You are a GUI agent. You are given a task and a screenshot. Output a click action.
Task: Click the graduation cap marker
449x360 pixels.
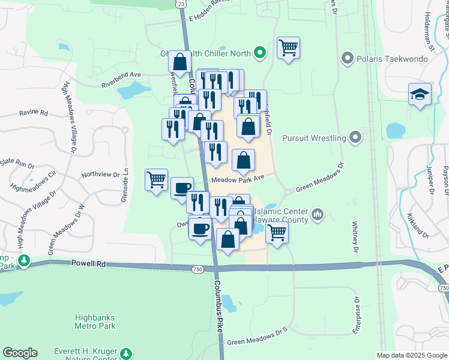pyautogui.click(x=420, y=95)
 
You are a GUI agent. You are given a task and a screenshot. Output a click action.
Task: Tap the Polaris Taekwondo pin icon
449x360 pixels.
pyautogui.click(x=346, y=59)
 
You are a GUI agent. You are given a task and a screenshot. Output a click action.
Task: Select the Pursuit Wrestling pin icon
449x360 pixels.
pyautogui.click(x=356, y=138)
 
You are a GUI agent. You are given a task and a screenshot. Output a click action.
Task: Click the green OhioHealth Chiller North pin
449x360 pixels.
pyautogui.click(x=259, y=53)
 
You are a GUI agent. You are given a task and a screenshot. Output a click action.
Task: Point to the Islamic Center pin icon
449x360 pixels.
pyautogui.click(x=318, y=213)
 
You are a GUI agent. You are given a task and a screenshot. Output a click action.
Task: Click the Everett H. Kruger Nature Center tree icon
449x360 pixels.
pyautogui.click(x=126, y=353)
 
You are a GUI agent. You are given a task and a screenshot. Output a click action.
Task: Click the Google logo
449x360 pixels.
pyautogui.click(x=20, y=353)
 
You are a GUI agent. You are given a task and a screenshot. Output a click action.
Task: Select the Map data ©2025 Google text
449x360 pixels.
pyautogui.click(x=412, y=355)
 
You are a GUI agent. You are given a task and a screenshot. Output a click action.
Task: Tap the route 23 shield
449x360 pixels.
pyautogui.click(x=182, y=4)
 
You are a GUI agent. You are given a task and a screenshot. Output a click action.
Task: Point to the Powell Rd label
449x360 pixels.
pyautogui.click(x=88, y=263)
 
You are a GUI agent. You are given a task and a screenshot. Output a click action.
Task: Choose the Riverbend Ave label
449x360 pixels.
pyautogui.click(x=121, y=75)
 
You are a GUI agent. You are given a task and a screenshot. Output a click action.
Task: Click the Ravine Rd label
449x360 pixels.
pyautogui.click(x=33, y=112)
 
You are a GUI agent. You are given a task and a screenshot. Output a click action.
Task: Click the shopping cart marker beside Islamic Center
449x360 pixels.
pyautogui.click(x=277, y=232)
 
